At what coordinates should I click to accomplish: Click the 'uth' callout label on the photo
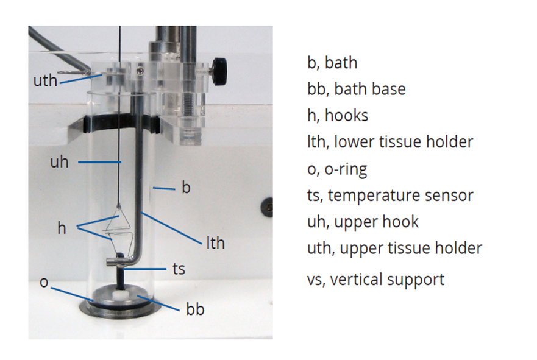44,80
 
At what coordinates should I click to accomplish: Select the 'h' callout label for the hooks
62,228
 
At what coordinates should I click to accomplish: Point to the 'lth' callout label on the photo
215,243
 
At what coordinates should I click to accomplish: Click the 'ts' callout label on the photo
178,268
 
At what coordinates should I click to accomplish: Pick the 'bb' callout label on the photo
195,309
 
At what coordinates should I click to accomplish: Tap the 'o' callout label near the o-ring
43,282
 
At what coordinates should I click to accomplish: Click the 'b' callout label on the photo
187,187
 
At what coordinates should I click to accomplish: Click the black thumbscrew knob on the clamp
219,65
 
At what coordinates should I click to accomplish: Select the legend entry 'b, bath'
332,62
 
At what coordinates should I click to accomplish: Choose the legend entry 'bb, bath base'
357,89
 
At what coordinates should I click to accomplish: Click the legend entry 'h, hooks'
338,115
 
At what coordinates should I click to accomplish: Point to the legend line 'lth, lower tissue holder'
390,142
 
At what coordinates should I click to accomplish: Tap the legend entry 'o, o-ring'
337,169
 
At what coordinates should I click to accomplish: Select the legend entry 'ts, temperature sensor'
390,195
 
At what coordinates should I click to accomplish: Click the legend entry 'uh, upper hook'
363,221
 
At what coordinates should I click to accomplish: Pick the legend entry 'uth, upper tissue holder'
394,248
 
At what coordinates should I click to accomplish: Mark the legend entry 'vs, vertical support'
375,280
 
